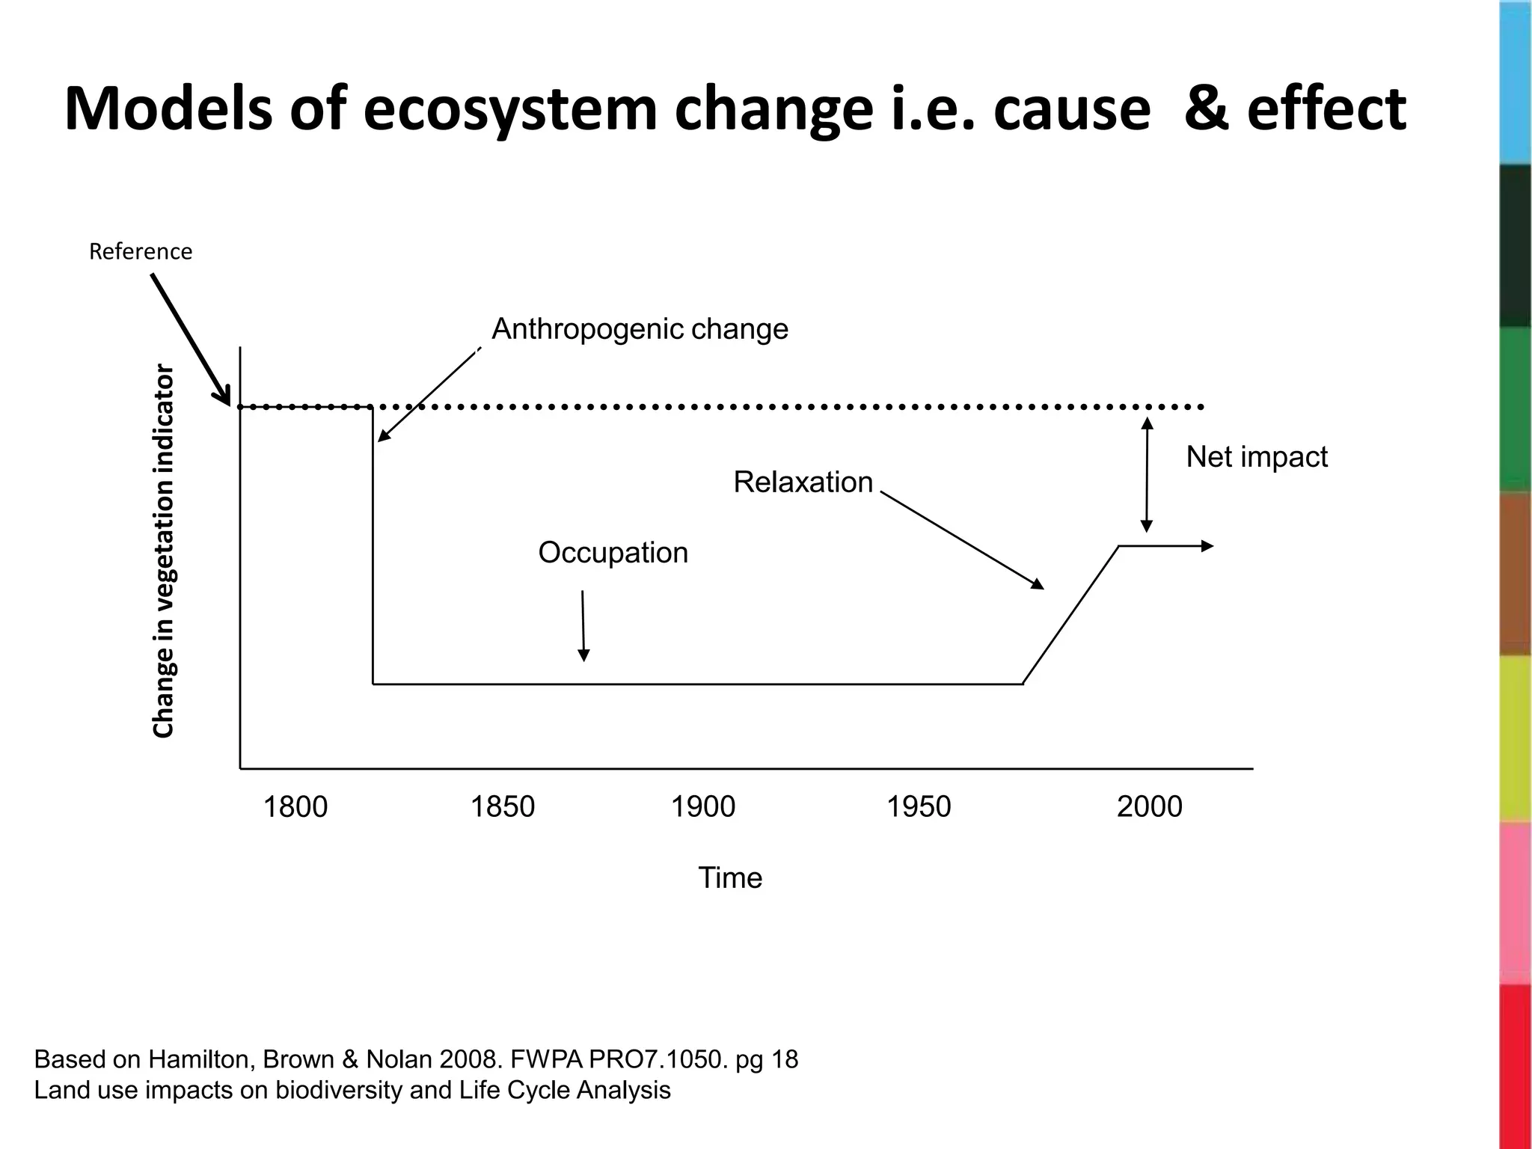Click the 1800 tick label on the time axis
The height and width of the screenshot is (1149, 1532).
click(295, 807)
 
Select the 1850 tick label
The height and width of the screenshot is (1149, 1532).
click(502, 807)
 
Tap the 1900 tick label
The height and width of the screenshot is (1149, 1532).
click(702, 807)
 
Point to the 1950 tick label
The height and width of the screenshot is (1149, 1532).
click(918, 807)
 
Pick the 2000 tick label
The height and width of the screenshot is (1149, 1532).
click(1149, 807)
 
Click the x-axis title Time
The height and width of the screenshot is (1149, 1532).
click(729, 877)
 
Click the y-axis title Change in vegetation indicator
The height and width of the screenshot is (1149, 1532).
click(163, 551)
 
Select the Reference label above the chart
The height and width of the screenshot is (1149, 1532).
click(141, 251)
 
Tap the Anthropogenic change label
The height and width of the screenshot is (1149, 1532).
click(640, 329)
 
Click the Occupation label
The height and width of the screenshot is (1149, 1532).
click(613, 553)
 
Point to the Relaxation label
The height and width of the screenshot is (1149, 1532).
click(803, 482)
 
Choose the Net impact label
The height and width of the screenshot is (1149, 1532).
click(1257, 457)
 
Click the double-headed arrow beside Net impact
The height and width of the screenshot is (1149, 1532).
click(1147, 474)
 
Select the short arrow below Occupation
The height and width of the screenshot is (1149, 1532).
click(583, 625)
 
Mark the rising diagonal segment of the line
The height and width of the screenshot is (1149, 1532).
click(1070, 615)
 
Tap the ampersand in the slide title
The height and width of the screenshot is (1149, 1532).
click(1207, 110)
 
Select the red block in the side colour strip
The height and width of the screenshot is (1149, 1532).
click(1516, 1066)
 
